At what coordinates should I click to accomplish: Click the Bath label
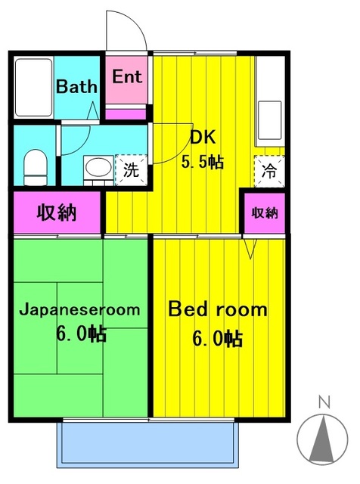(x=77, y=86)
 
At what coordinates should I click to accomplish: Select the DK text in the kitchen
(x=203, y=138)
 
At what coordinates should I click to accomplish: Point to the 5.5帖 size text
(x=203, y=162)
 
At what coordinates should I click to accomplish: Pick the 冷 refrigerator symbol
(x=268, y=170)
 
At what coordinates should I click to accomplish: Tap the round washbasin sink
(x=95, y=168)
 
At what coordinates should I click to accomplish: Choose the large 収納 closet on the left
(x=57, y=213)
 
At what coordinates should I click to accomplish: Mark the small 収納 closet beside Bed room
(x=265, y=213)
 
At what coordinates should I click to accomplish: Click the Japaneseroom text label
(x=79, y=309)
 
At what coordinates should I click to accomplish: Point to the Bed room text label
(x=217, y=309)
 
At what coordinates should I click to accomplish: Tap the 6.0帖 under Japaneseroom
(x=79, y=334)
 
